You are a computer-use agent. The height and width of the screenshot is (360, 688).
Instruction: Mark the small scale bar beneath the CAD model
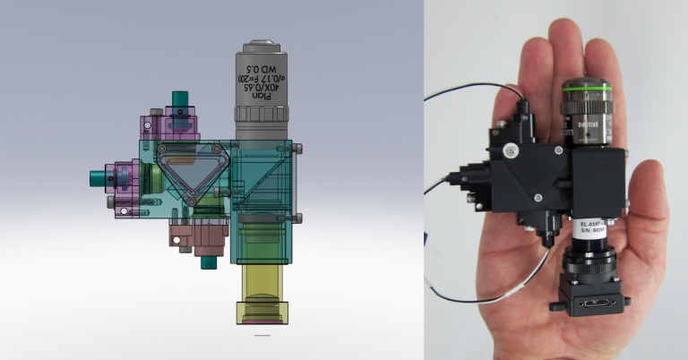point(262,337)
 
